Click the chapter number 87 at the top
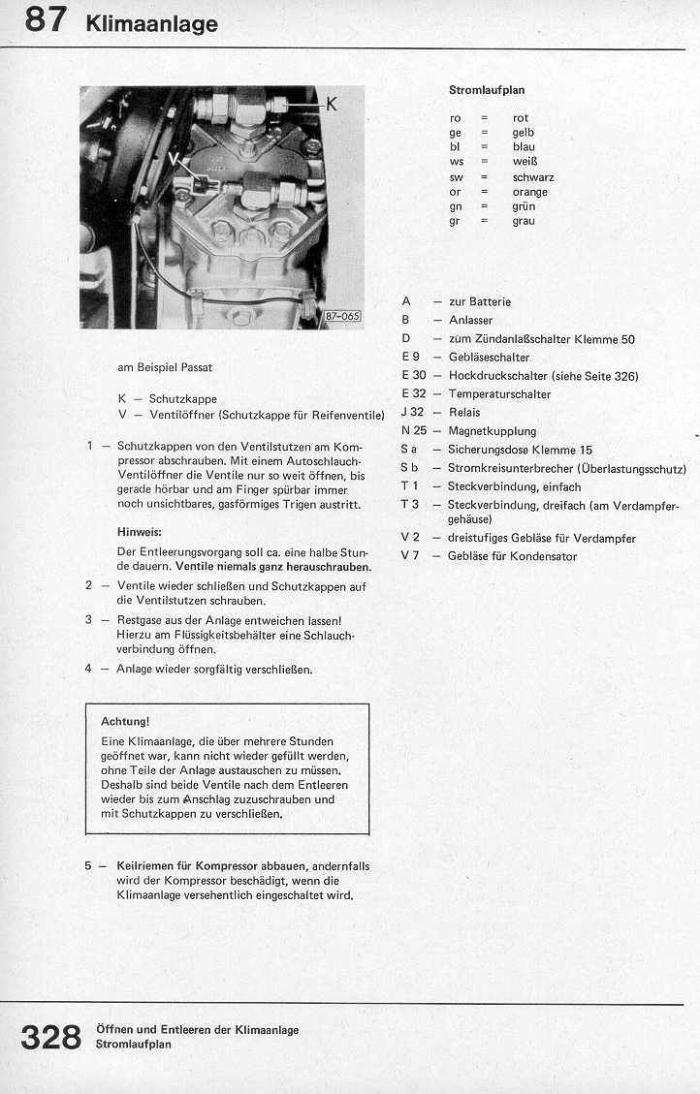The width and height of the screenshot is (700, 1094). [46, 20]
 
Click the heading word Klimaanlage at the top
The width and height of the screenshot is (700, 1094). [151, 24]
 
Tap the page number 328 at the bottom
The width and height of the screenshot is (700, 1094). [51, 1036]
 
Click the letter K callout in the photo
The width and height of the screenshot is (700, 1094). [331, 104]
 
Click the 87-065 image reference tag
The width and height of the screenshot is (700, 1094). [342, 315]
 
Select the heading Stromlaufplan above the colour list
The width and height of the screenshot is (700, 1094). [486, 90]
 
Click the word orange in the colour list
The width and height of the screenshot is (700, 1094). [529, 192]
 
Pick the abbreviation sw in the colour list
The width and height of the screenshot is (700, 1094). [456, 177]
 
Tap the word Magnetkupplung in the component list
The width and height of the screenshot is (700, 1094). [492, 431]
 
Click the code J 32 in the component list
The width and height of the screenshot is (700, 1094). [412, 413]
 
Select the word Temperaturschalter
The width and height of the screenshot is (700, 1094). [499, 394]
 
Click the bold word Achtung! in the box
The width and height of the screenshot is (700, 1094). [125, 722]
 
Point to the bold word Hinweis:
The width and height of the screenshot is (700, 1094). [139, 533]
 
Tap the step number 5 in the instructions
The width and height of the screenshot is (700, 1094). [89, 865]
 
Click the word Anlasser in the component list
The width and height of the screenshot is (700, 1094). [470, 320]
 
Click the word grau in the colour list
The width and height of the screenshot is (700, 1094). [524, 221]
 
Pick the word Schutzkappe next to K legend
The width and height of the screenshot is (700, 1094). [182, 398]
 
